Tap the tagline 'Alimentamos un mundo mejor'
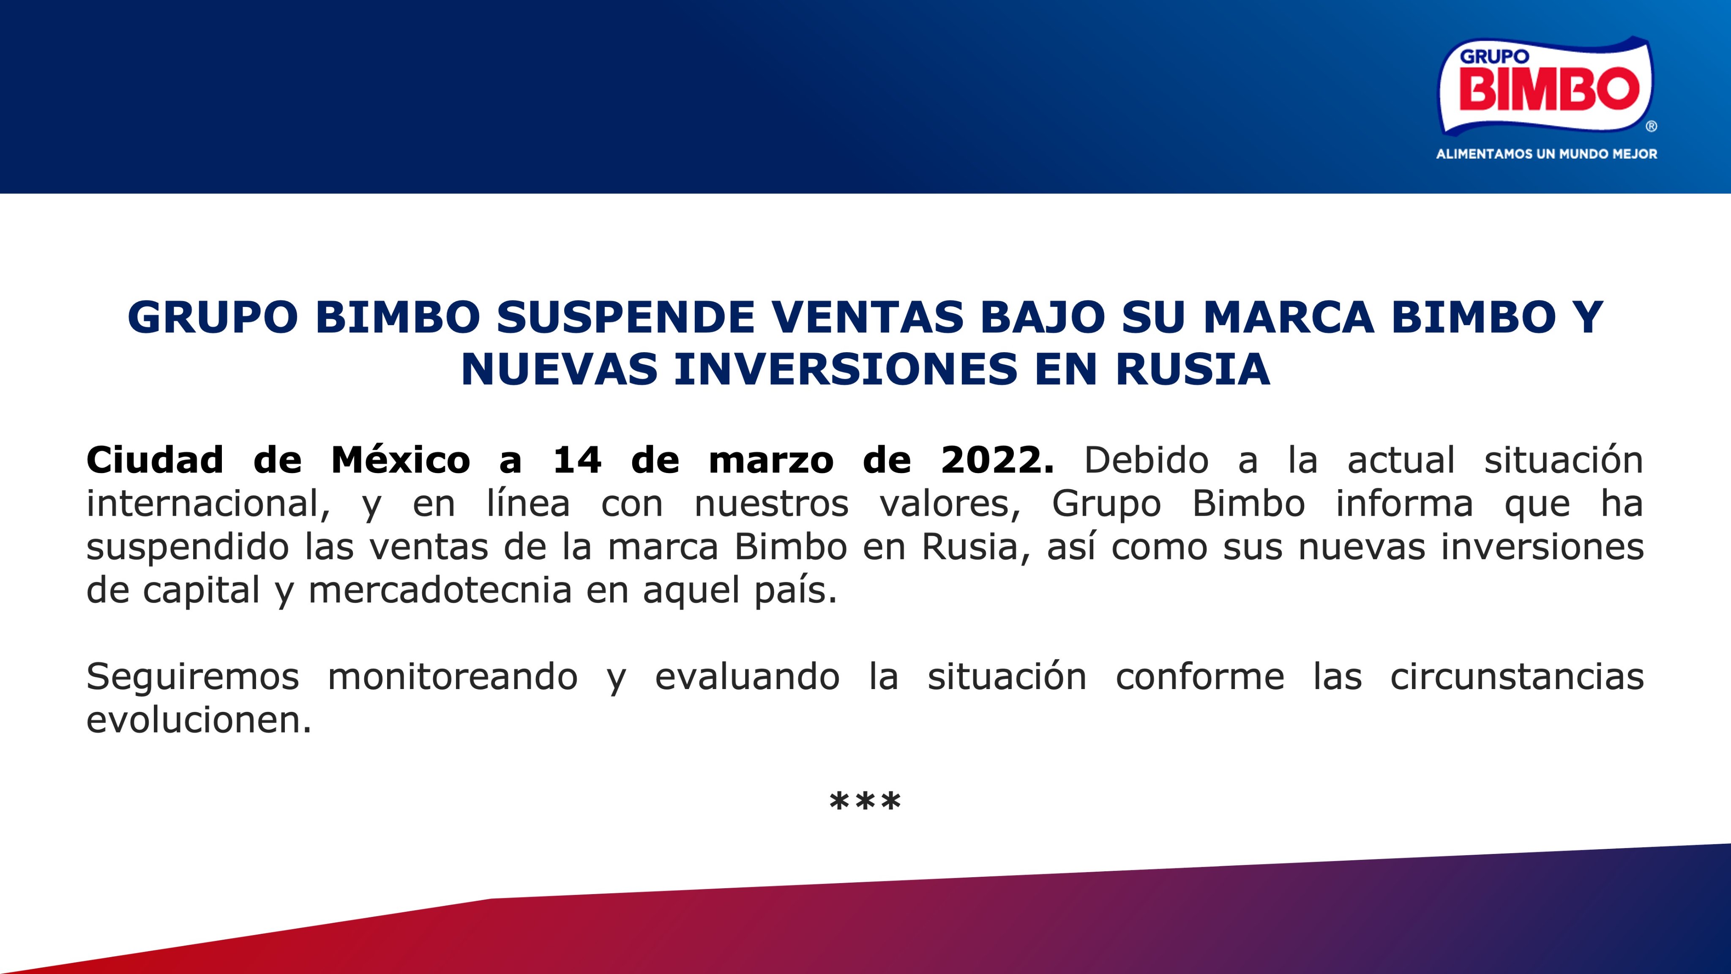click(x=1547, y=154)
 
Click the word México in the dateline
click(x=401, y=460)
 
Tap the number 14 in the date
click(x=577, y=460)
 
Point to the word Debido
click(x=1147, y=460)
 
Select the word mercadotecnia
click(x=440, y=590)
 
